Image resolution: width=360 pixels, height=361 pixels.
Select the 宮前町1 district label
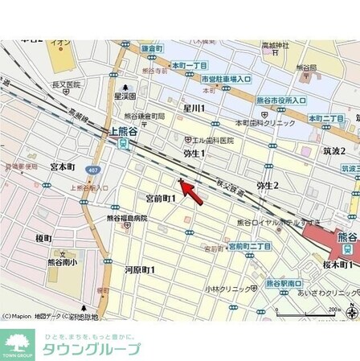[160, 197]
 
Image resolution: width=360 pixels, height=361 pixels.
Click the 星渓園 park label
[125, 95]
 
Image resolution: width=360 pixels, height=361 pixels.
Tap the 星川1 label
[194, 108]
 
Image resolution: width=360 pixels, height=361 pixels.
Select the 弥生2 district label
[267, 185]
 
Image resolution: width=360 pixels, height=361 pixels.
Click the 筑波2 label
[333, 150]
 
